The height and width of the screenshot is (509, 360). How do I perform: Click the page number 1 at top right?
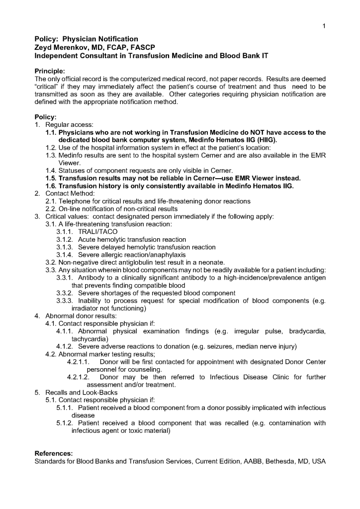point(324,26)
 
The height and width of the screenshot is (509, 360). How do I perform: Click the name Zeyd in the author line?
point(44,47)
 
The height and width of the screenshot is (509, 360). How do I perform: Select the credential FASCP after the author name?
point(144,47)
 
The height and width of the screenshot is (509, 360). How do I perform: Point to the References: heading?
point(53,453)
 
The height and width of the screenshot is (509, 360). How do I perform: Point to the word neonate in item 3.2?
point(212,262)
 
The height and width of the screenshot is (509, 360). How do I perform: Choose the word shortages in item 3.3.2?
point(115,293)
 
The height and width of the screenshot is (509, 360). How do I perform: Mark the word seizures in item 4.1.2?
point(228,346)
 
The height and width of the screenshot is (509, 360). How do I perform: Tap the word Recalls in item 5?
point(57,392)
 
